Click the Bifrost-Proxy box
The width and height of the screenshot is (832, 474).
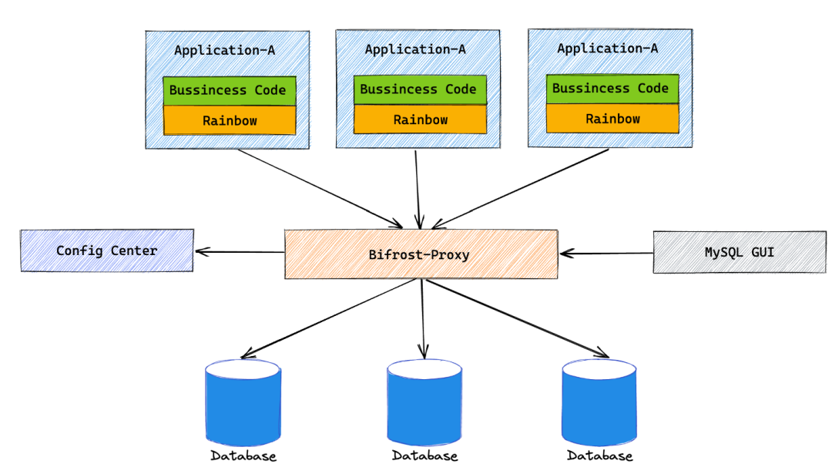[421, 254]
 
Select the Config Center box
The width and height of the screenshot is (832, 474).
[107, 250]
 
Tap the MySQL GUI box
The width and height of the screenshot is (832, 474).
[739, 252]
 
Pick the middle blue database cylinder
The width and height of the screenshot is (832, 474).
[424, 402]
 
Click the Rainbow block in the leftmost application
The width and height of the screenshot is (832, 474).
[230, 120]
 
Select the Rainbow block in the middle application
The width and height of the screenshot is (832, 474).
[420, 119]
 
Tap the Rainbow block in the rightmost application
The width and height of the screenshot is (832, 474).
[612, 119]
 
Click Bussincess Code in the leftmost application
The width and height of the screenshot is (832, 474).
[228, 90]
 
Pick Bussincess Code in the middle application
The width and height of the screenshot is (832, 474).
[419, 89]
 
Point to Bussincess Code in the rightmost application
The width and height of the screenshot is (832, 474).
[612, 89]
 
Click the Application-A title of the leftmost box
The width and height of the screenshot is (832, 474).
[224, 51]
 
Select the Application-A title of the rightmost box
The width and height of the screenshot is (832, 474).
[607, 49]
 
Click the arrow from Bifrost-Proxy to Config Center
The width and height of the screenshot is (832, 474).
[240, 251]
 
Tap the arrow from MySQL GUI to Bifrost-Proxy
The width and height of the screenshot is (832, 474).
[607, 252]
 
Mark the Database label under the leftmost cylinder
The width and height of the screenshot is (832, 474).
[243, 456]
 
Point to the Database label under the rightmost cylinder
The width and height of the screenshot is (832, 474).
[599, 456]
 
